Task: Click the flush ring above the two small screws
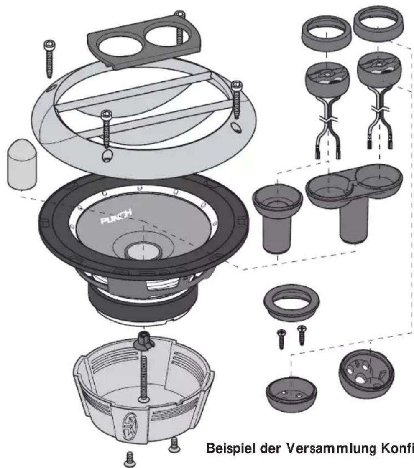point(291,302)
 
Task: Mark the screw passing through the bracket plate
point(179,25)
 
